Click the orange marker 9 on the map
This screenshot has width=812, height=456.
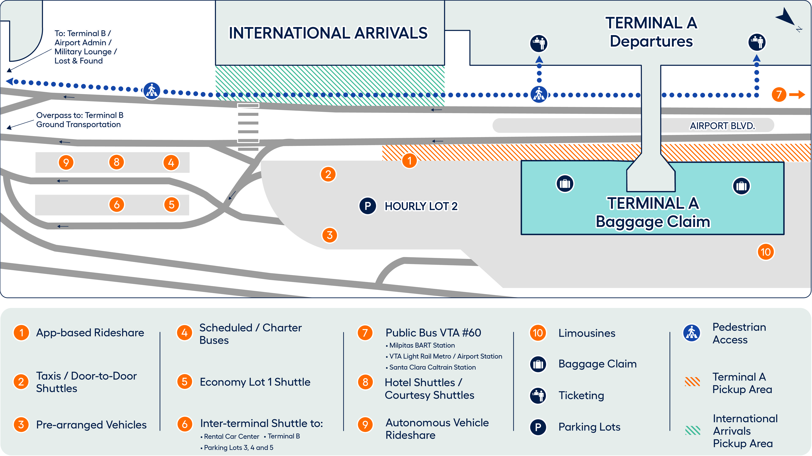click(66, 162)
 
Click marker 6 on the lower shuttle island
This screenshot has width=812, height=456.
click(117, 204)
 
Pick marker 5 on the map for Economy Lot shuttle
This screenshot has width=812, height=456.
click(172, 204)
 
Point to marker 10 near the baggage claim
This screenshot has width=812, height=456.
click(766, 252)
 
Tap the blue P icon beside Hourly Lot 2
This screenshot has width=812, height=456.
click(367, 206)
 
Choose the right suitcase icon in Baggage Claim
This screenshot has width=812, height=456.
click(741, 186)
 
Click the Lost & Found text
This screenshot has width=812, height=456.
click(78, 61)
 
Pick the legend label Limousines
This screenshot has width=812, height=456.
click(587, 333)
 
